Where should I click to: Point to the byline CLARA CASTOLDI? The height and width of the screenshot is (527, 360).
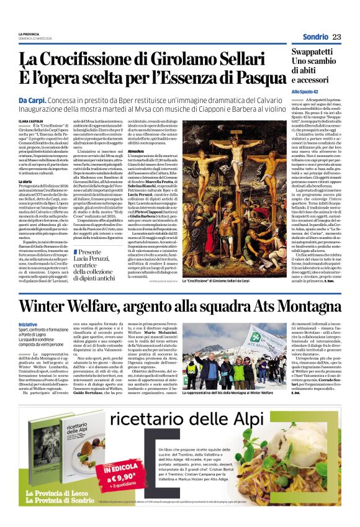32,121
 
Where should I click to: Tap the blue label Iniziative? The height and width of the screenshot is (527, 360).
28,324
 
